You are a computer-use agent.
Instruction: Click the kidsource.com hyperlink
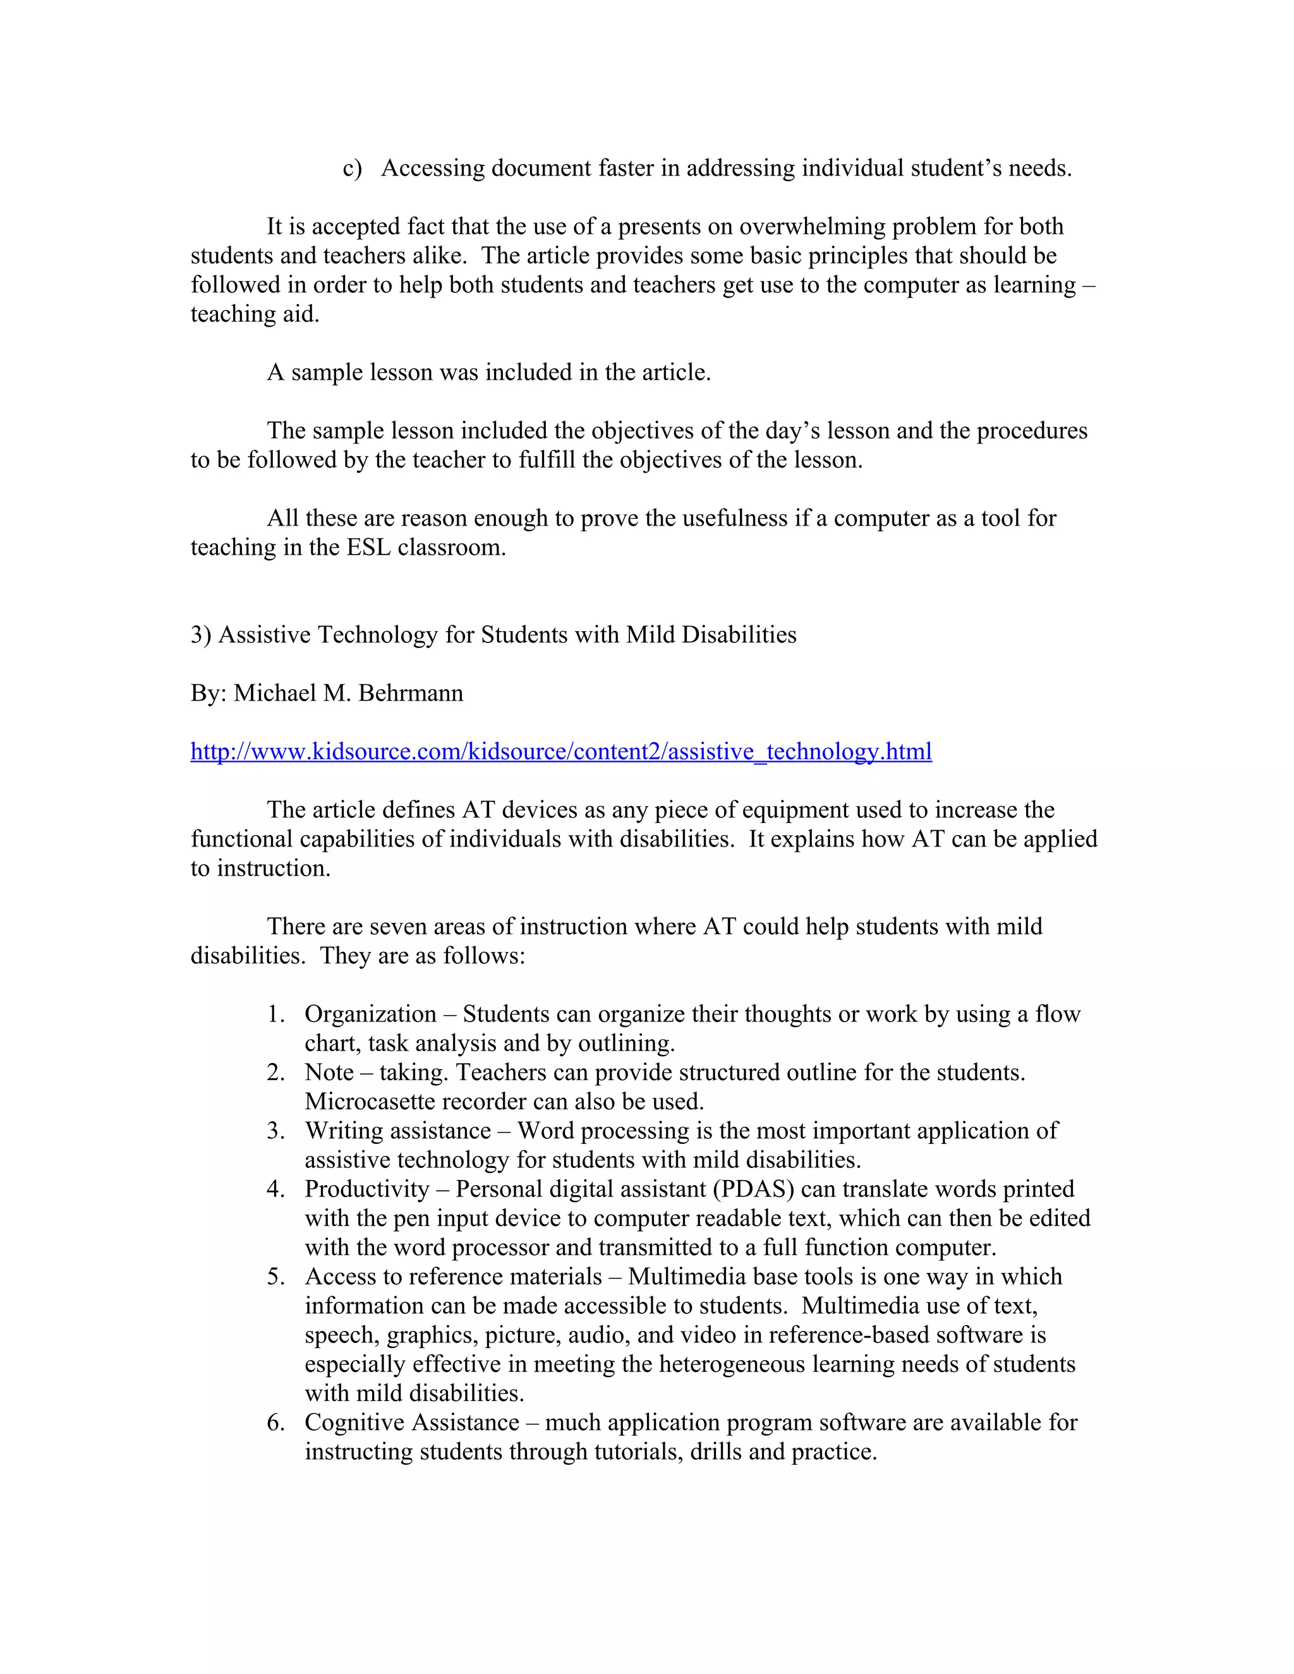coord(560,751)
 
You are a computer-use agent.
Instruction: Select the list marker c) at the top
coord(352,168)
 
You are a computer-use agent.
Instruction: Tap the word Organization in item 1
coord(370,1014)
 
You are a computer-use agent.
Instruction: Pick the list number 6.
coord(276,1423)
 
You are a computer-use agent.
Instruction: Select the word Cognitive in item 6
coord(356,1423)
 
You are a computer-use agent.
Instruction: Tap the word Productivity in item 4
coord(366,1189)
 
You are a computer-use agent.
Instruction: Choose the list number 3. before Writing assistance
coord(276,1131)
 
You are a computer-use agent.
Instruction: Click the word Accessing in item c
coord(432,168)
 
